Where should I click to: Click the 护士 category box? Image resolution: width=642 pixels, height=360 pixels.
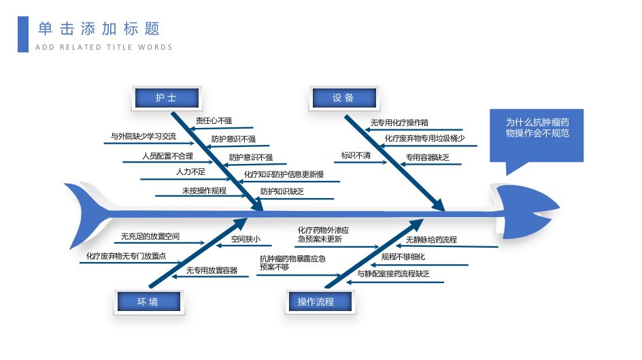click(167, 98)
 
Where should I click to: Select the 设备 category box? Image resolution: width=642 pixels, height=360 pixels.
click(344, 98)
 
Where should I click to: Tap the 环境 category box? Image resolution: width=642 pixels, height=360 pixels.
click(149, 302)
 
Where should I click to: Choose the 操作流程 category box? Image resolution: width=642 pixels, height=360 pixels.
click(320, 302)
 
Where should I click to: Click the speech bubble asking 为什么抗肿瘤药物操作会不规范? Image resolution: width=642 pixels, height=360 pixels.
click(537, 135)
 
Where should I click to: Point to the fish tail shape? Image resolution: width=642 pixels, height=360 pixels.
click(88, 215)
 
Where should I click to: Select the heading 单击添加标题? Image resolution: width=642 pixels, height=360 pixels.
click(99, 29)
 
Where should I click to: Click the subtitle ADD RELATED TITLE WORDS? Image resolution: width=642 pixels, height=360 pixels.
click(104, 47)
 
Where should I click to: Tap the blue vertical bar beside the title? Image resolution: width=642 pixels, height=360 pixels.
click(23, 35)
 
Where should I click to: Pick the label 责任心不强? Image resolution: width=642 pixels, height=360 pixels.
click(214, 121)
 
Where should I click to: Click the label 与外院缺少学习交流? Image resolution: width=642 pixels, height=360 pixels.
click(143, 136)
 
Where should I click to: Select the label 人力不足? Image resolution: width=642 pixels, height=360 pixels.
click(191, 171)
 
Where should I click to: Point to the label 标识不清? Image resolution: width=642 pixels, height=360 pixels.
click(356, 156)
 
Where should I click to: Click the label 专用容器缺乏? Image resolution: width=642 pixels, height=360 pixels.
click(428, 157)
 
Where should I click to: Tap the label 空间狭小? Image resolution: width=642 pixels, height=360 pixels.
click(246, 239)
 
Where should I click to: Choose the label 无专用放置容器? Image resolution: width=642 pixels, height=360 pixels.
click(212, 270)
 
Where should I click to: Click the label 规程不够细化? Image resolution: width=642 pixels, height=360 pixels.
click(403, 257)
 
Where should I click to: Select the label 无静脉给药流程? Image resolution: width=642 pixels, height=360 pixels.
click(431, 240)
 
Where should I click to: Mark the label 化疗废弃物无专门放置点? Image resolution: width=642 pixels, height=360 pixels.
click(126, 256)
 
